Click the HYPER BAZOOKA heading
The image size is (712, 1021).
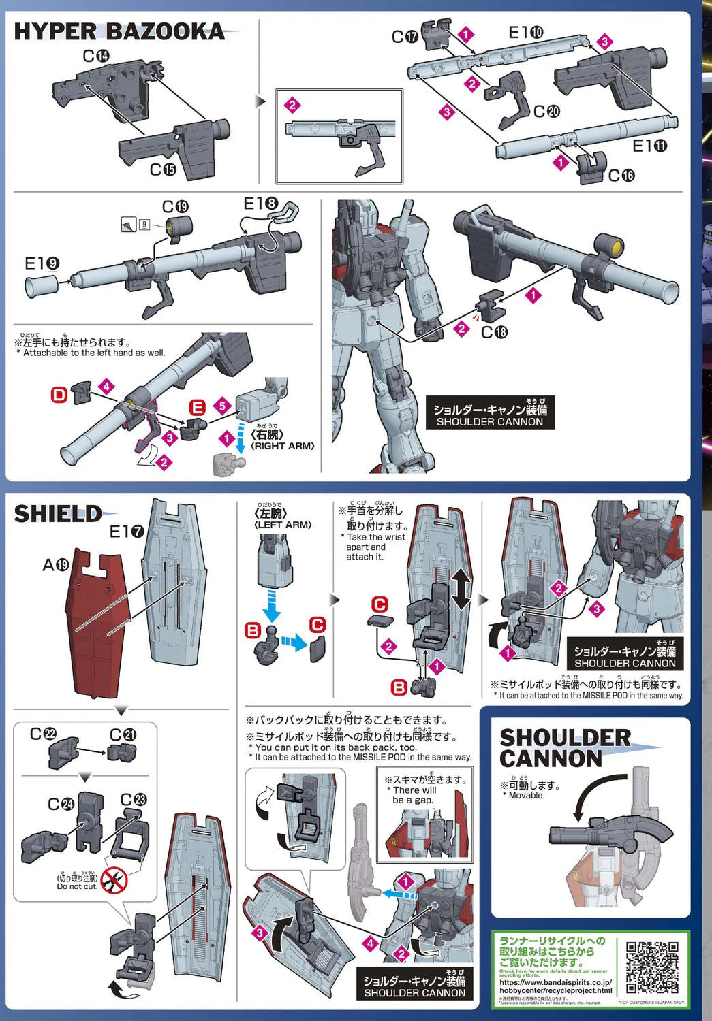[x=119, y=31]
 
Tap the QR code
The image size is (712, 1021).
[x=652, y=967]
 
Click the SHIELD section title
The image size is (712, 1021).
[x=58, y=514]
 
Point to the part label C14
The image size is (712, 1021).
[x=96, y=56]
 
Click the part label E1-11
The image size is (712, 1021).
[x=649, y=146]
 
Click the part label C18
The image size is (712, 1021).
[x=494, y=332]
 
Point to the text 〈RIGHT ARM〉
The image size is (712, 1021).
[x=283, y=446]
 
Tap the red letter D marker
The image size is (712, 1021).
[x=59, y=395]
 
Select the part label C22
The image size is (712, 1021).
[x=43, y=734]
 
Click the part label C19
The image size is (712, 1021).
[x=175, y=207]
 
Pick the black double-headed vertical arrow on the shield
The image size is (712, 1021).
[x=461, y=589]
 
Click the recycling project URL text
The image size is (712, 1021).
[x=555, y=986]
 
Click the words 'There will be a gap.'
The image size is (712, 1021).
[x=414, y=795]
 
